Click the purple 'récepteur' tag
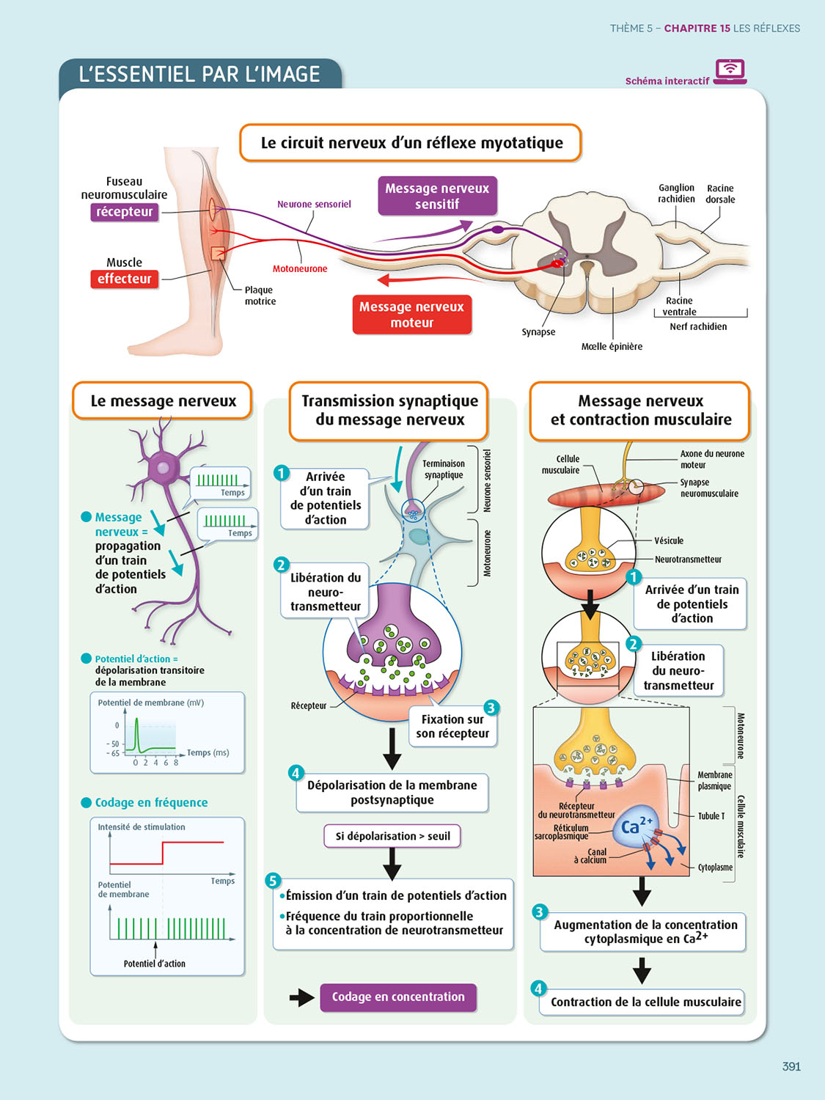pos(124,212)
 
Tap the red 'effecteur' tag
pos(124,279)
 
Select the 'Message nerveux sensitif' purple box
pos(437,196)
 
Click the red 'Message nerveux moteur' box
pos(411,315)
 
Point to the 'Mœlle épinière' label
pos(612,346)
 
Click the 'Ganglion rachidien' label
pos(676,194)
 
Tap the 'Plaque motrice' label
pos(260,296)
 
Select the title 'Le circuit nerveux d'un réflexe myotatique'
pos(411,143)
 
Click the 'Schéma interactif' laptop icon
pos(730,71)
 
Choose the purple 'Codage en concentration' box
pos(398,997)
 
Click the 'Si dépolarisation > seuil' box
pos(392,836)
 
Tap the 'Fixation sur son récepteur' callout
pos(452,727)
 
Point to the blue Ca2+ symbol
pos(635,826)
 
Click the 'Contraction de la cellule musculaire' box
pos(645,1002)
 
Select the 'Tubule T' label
pos(711,815)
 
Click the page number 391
pos(791,1066)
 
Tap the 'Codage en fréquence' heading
pos(151,802)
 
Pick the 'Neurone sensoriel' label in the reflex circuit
pos(314,205)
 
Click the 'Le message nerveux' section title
pos(163,401)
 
